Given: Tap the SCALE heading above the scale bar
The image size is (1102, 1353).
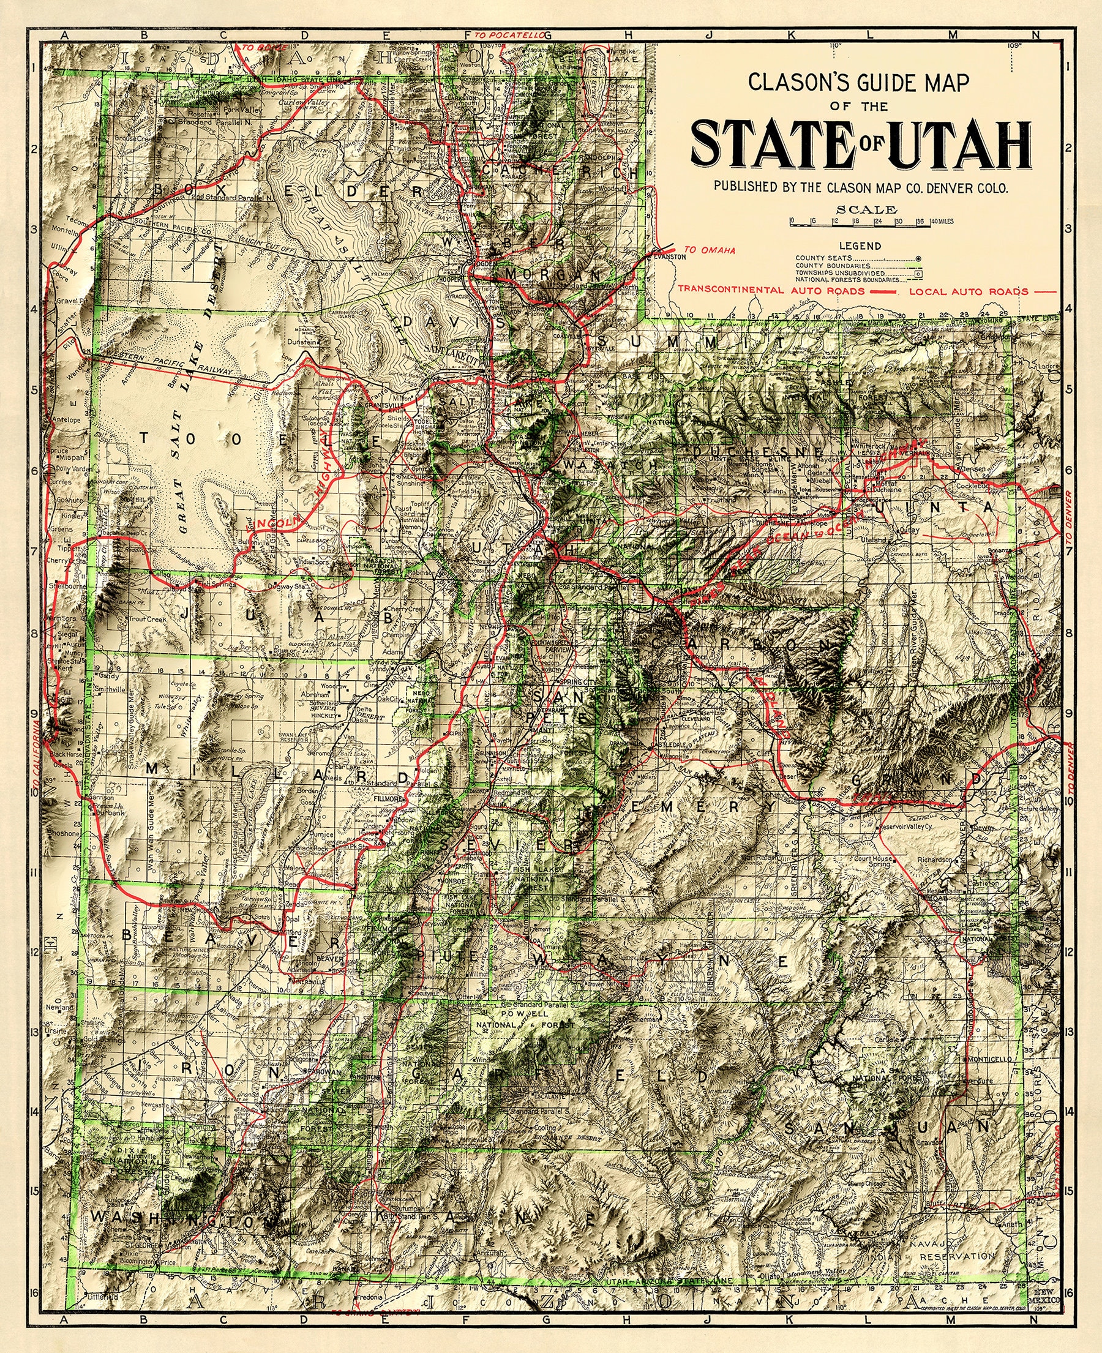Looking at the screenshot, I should (x=875, y=209).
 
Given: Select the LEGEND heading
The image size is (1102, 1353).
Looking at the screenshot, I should (x=860, y=245).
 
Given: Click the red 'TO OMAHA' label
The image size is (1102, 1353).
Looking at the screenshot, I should (x=710, y=250).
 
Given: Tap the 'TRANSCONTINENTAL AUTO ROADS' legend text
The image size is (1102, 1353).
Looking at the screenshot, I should (x=771, y=290).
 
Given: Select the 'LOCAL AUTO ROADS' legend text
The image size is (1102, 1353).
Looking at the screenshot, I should (x=968, y=291).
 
